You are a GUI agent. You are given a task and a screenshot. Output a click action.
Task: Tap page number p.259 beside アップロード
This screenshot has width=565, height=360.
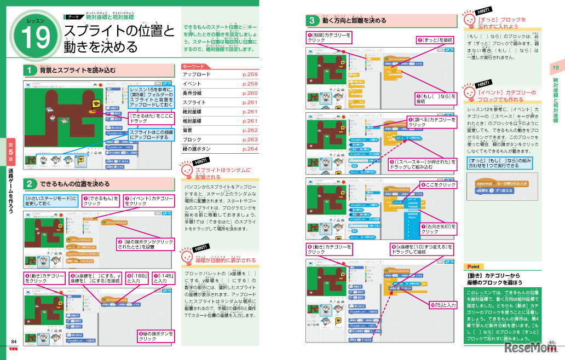[x=250, y=74]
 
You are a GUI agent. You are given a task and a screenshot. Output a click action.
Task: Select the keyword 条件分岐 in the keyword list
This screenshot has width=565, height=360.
[x=194, y=93]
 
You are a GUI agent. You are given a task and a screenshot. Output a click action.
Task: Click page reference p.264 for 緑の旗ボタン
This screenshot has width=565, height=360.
[x=250, y=149]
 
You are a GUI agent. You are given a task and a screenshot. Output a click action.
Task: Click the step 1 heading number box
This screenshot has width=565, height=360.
[x=30, y=70]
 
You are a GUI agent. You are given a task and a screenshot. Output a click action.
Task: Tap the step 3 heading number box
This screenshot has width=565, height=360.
[x=312, y=21]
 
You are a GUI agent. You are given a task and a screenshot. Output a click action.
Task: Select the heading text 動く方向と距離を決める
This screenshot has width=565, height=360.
[x=354, y=21]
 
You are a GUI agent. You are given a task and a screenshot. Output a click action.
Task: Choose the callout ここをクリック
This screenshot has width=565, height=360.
[x=439, y=185]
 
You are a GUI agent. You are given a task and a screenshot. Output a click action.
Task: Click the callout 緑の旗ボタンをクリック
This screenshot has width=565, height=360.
[x=155, y=336]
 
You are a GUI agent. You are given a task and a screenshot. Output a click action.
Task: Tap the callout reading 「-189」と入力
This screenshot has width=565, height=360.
[x=136, y=278]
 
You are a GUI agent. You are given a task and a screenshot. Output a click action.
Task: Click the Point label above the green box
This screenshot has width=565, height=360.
[x=472, y=266]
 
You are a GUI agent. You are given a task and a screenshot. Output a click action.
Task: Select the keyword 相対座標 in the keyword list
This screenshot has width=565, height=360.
[x=194, y=121]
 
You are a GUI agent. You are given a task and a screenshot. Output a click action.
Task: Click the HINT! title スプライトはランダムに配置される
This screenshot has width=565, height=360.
[x=223, y=173]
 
